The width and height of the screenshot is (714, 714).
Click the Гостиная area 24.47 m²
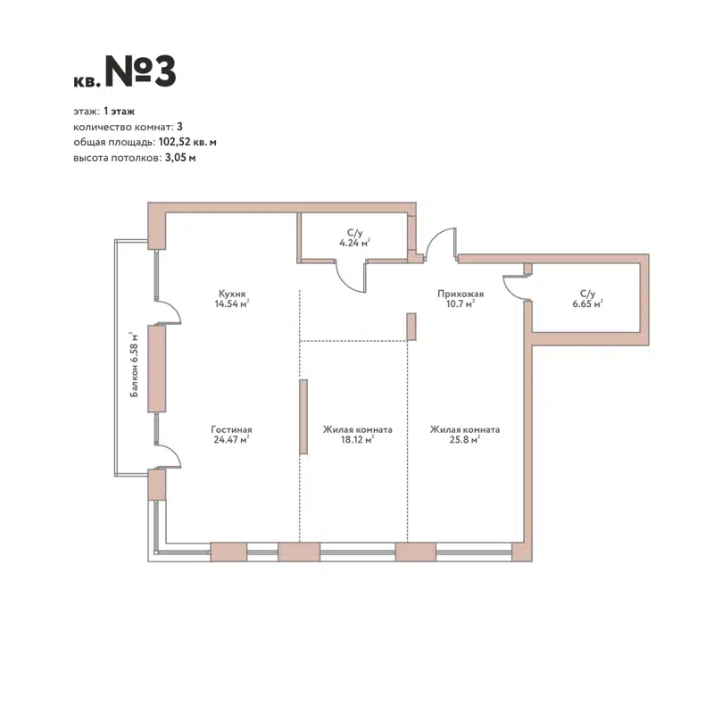[230, 439]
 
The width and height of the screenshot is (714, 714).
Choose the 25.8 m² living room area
[464, 439]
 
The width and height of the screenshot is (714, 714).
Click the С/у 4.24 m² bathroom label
[354, 236]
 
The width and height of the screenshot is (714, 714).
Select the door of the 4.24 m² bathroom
[352, 275]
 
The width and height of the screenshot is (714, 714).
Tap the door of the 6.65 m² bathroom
[516, 287]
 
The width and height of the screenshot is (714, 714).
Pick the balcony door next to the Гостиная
[170, 456]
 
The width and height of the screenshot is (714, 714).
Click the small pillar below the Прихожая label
[411, 326]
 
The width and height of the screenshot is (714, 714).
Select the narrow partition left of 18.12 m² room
[303, 416]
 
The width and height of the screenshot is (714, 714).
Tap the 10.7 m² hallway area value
[461, 303]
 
